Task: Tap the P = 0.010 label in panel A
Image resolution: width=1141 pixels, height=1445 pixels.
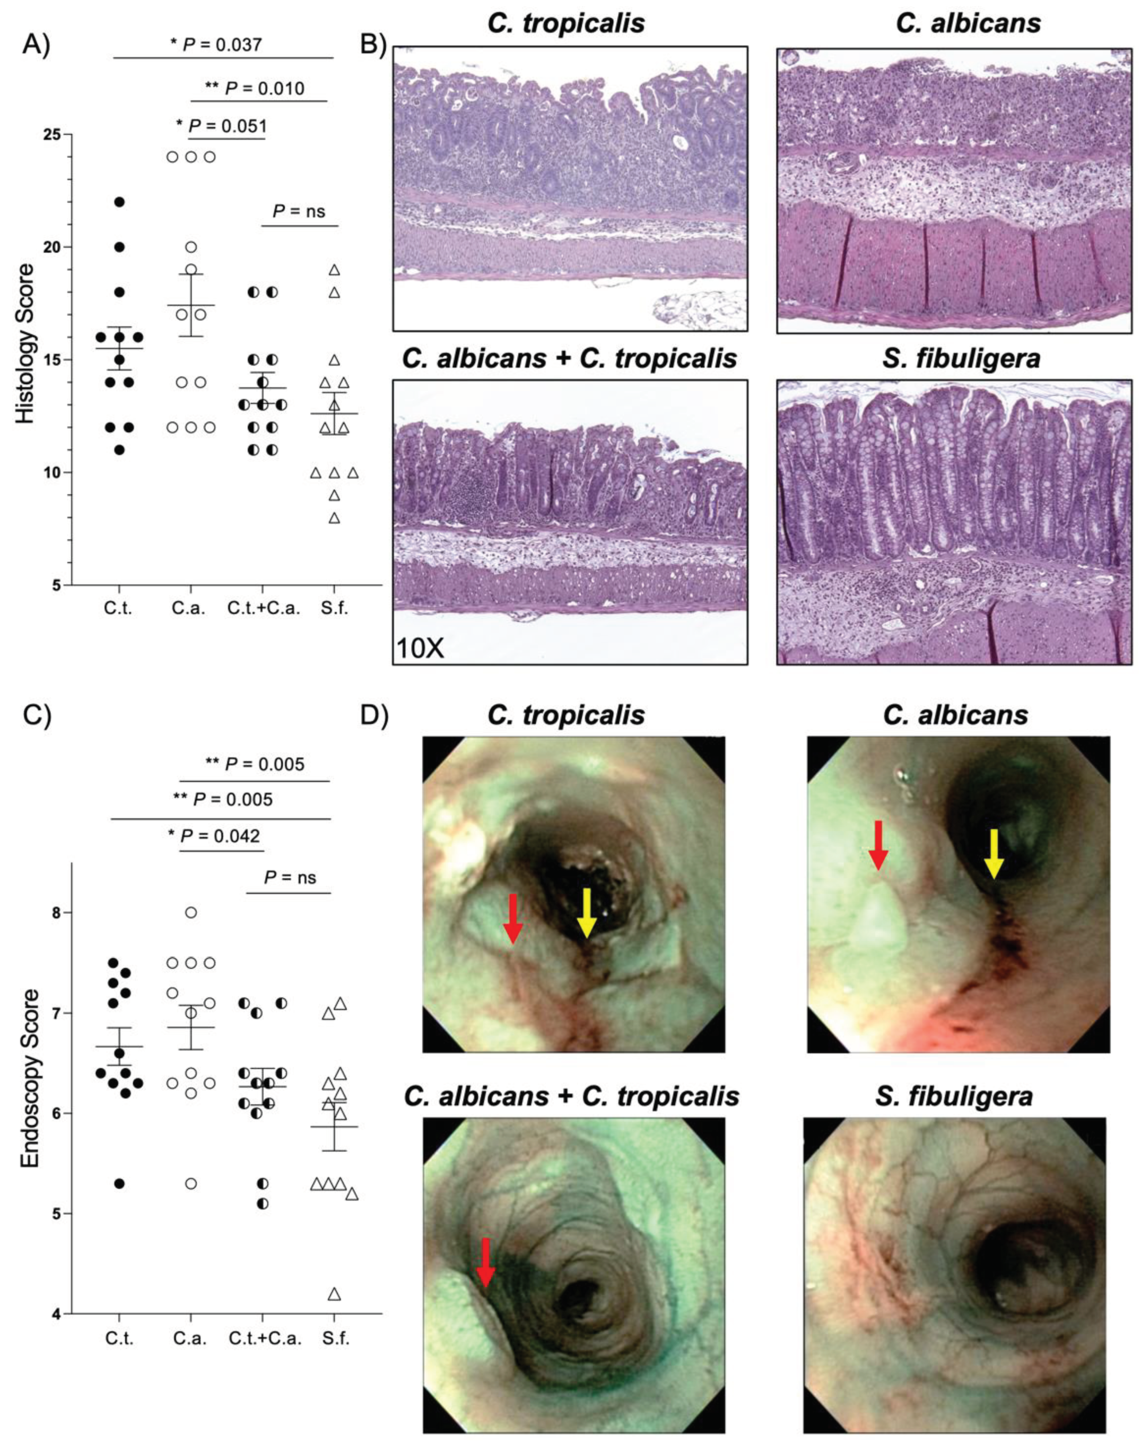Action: [x=255, y=88]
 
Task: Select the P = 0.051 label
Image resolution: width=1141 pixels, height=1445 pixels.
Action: [x=221, y=126]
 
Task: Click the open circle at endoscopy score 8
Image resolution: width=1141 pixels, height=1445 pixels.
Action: [x=191, y=913]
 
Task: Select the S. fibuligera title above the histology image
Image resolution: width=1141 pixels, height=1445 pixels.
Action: [x=955, y=359]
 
